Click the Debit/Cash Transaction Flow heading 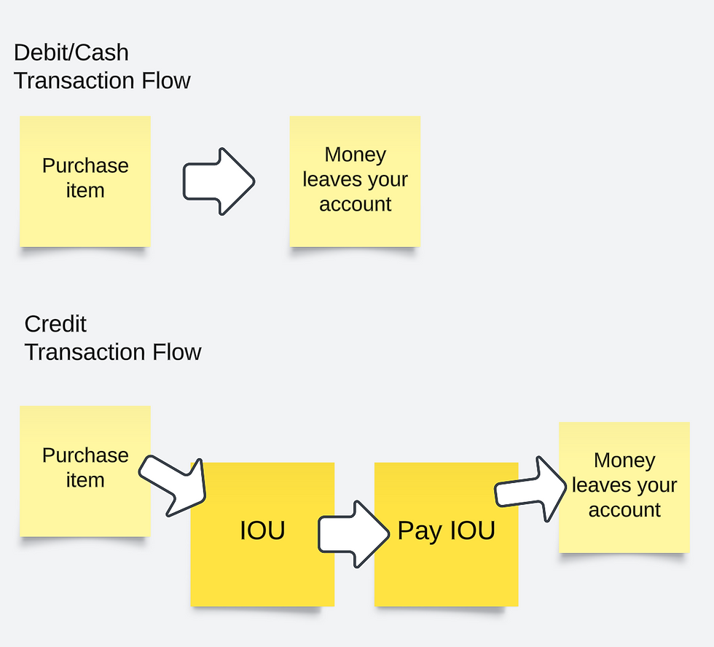click(x=102, y=66)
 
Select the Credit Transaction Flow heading click(x=113, y=337)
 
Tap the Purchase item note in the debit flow click(x=85, y=181)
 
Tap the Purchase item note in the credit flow click(x=85, y=471)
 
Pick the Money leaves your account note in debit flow click(x=355, y=181)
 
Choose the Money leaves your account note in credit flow click(x=624, y=487)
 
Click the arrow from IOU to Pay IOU click(x=354, y=533)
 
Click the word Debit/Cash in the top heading click(x=71, y=52)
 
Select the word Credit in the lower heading click(x=55, y=323)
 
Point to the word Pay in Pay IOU click(x=418, y=531)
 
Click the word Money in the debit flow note click(x=355, y=154)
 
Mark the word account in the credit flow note click(x=624, y=510)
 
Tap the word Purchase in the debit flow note click(x=85, y=166)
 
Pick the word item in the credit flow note click(x=85, y=481)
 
